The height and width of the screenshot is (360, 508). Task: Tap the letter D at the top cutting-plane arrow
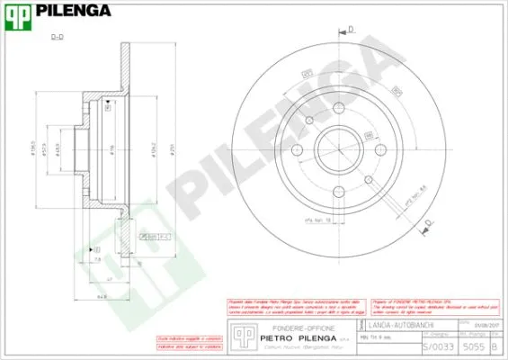pyautogui.click(x=352, y=29)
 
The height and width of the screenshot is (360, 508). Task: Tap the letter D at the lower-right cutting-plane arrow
pyautogui.click(x=428, y=221)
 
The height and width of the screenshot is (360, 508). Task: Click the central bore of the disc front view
pyautogui.click(x=341, y=148)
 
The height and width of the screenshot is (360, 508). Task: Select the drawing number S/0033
pyautogui.click(x=434, y=345)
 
